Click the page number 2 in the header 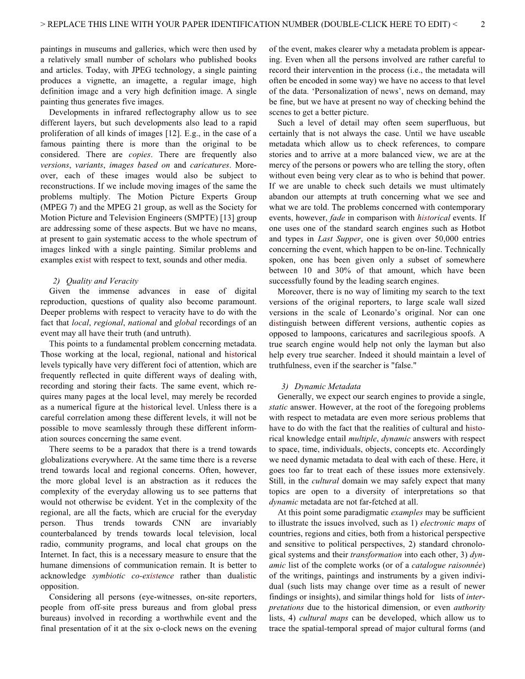click(x=483, y=24)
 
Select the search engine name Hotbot click(x=473, y=229)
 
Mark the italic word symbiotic click(x=109, y=576)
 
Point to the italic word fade click(x=337, y=218)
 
